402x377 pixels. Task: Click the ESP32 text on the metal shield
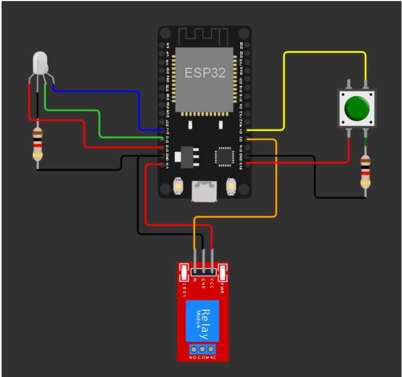click(205, 73)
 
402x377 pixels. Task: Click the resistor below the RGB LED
click(37, 144)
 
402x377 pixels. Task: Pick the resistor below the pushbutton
click(365, 172)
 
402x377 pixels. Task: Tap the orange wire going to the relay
click(276, 180)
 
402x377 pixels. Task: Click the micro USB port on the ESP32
click(204, 190)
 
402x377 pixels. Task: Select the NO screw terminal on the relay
click(194, 349)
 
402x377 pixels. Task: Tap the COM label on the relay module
click(203, 358)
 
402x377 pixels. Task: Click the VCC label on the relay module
click(212, 283)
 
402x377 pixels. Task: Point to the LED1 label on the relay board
click(184, 289)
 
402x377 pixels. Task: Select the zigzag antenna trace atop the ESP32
click(205, 37)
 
